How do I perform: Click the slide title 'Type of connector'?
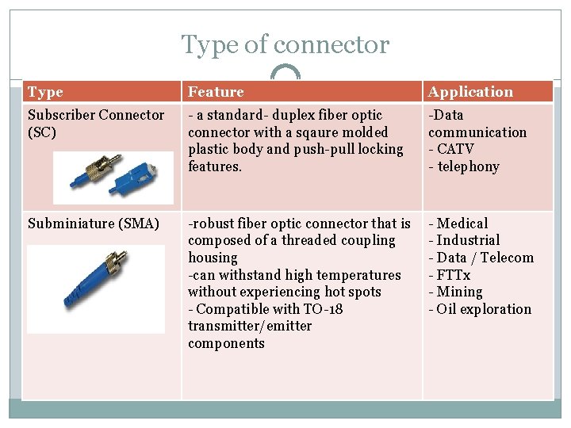pos(285,45)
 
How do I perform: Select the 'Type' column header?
pos(45,92)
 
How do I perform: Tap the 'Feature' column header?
pos(216,92)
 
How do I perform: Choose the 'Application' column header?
pos(470,92)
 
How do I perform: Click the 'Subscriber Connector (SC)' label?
pos(96,123)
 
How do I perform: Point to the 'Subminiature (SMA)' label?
pos(94,224)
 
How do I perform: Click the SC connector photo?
pos(112,178)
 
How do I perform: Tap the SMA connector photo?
pos(96,289)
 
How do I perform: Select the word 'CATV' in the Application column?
pos(455,149)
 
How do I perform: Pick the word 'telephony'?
pos(468,166)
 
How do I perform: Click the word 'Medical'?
pos(462,224)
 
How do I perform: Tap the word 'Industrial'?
pos(468,240)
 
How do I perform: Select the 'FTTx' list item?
pos(454,275)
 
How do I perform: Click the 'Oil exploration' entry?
pos(484,309)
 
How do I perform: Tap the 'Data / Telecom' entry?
pos(485,258)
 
